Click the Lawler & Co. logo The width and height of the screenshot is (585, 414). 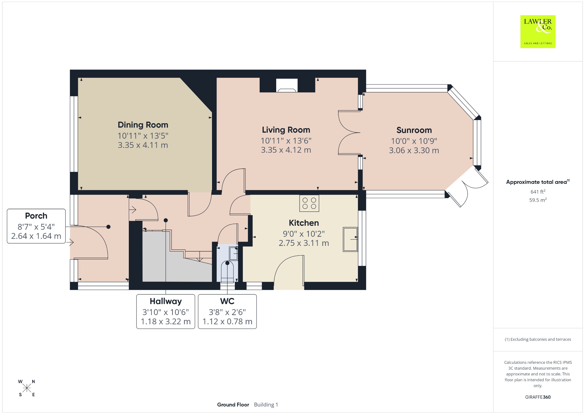538,31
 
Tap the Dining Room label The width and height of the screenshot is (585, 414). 143,125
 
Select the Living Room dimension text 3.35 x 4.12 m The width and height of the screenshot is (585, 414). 286,150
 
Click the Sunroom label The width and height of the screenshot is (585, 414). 414,130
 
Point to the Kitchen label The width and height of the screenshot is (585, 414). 304,223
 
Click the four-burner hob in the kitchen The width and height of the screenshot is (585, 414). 309,203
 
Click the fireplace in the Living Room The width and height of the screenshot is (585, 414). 287,85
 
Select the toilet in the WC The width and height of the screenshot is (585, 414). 227,272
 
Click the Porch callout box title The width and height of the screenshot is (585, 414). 36,216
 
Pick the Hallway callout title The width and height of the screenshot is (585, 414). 166,301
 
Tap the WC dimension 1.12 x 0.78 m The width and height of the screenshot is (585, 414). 227,321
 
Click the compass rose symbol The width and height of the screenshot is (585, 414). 27,388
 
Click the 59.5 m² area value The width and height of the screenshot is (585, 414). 538,200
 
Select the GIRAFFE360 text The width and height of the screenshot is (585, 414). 538,397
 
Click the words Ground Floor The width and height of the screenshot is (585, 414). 233,405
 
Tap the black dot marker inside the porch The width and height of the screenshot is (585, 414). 108,227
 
